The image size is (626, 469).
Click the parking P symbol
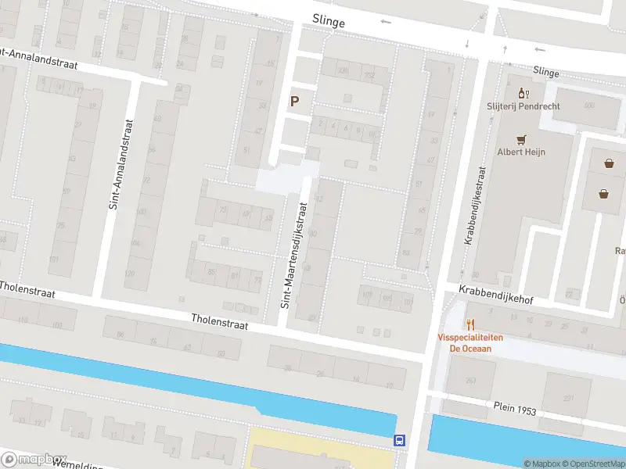(295, 101)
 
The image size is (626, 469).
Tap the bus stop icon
(400, 441)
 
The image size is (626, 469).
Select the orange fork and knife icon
(470, 324)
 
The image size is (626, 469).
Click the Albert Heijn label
(521, 152)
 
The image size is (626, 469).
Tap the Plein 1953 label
(514, 408)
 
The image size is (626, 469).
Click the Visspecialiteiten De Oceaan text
(470, 343)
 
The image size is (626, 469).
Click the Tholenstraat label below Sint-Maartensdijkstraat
(220, 322)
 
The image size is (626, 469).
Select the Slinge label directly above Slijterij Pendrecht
(545, 72)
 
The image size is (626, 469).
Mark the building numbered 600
(589, 105)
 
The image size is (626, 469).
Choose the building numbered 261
(471, 380)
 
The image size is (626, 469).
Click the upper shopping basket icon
(609, 163)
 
